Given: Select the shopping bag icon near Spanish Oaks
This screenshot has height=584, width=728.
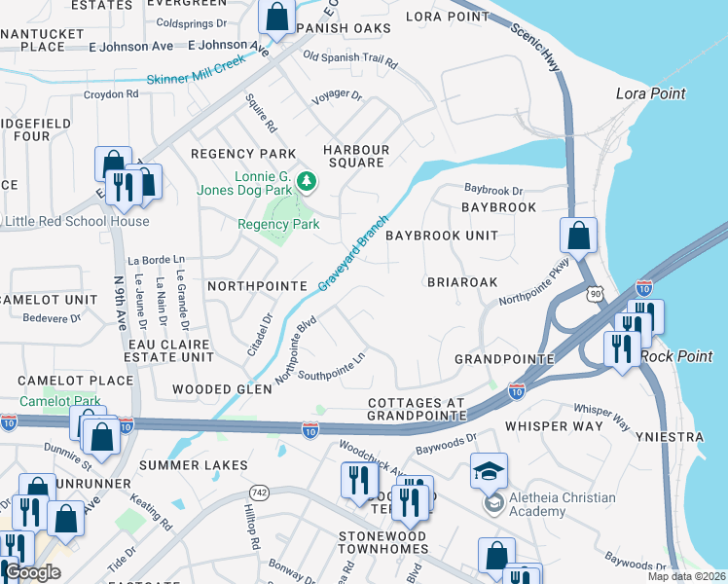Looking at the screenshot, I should click(x=277, y=17).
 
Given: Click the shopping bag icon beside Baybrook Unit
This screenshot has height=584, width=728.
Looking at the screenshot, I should click(x=579, y=235).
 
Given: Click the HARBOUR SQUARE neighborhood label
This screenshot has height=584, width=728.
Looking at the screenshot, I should click(x=356, y=156).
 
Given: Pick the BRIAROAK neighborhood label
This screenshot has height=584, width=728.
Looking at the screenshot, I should click(x=462, y=281).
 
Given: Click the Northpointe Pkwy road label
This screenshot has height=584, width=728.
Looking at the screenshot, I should click(x=531, y=289).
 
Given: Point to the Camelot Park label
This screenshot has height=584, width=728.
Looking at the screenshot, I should click(x=59, y=400).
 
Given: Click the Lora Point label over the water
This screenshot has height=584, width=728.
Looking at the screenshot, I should click(x=651, y=93).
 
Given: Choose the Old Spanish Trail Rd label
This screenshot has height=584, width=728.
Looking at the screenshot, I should click(x=350, y=58).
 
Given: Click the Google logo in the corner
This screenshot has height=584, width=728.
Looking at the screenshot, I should click(x=32, y=571).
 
